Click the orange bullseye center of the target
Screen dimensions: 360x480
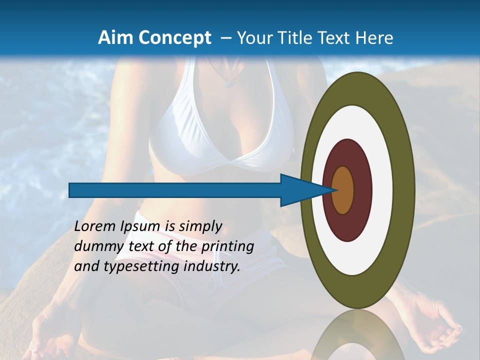point(343,190)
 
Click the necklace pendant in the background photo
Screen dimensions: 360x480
point(228,84)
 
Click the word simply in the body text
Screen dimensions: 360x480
point(200,227)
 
